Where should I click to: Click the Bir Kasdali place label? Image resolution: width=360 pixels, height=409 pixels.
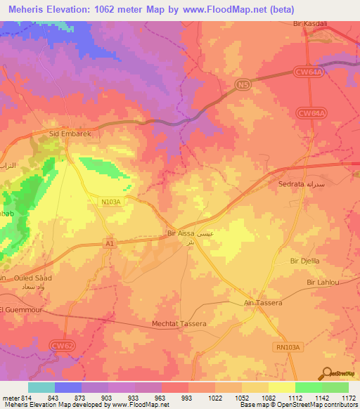pyautogui.click(x=309, y=23)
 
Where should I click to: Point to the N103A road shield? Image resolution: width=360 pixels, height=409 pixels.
pyautogui.click(x=111, y=202)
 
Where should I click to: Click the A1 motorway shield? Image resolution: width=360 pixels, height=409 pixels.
pyautogui.click(x=109, y=243)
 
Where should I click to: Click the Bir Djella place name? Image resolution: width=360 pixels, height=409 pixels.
pyautogui.click(x=304, y=261)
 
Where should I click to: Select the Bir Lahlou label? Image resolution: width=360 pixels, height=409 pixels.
pyautogui.click(x=323, y=282)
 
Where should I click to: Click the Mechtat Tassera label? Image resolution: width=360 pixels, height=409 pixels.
pyautogui.click(x=179, y=324)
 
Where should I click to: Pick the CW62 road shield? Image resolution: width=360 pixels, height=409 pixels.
pyautogui.click(x=62, y=344)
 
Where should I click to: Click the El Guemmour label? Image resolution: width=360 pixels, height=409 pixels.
pyautogui.click(x=18, y=309)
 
